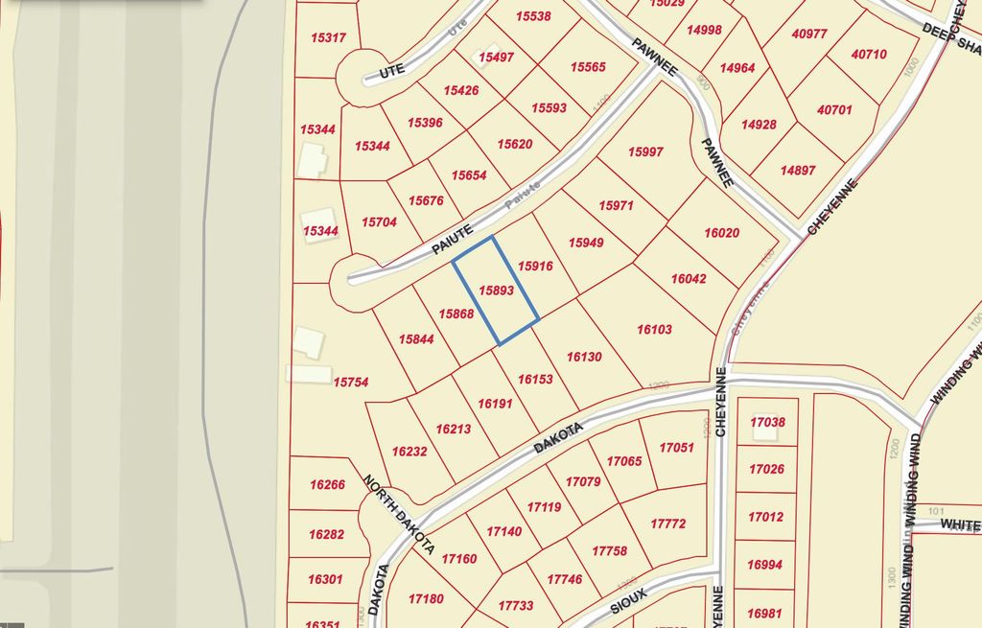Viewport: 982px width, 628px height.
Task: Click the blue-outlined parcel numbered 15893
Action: pyautogui.click(x=497, y=290)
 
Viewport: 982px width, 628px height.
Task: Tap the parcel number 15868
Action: pyautogui.click(x=456, y=314)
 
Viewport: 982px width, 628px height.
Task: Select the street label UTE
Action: pyautogui.click(x=391, y=69)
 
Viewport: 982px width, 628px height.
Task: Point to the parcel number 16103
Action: pyautogui.click(x=654, y=329)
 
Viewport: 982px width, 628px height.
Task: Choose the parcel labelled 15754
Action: pyautogui.click(x=350, y=382)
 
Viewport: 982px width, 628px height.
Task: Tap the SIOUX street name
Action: pyautogui.click(x=629, y=600)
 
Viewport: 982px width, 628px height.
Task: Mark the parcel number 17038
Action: pyautogui.click(x=767, y=422)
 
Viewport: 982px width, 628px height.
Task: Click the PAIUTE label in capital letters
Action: pyautogui.click(x=453, y=240)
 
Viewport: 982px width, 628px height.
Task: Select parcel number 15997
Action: pyautogui.click(x=645, y=151)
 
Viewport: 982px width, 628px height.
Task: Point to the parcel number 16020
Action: pyautogui.click(x=721, y=233)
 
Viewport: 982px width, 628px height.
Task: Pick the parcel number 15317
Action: pyautogui.click(x=329, y=37)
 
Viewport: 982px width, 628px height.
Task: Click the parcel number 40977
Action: pyautogui.click(x=809, y=34)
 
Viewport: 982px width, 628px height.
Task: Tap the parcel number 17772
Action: pyautogui.click(x=667, y=523)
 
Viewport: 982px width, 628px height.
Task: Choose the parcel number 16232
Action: pyautogui.click(x=409, y=451)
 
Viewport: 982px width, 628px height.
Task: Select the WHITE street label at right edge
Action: pyautogui.click(x=959, y=524)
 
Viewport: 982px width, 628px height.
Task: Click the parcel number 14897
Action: pyautogui.click(x=798, y=170)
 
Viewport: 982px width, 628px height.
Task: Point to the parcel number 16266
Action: pyautogui.click(x=327, y=485)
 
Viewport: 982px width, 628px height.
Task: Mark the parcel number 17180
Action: pyautogui.click(x=426, y=598)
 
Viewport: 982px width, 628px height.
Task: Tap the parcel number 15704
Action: pyautogui.click(x=379, y=221)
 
